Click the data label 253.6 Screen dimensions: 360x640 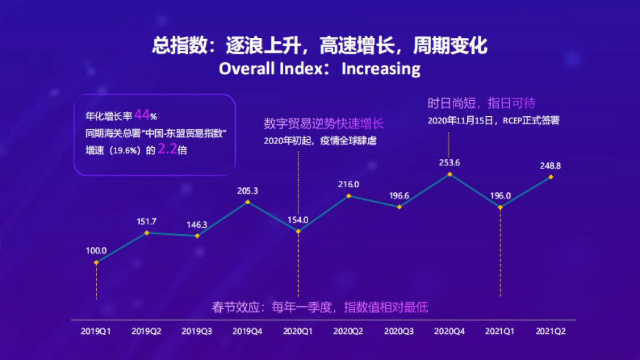point(449,163)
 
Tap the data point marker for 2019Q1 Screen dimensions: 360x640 point(96,262)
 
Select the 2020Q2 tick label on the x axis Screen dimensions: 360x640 point(348,331)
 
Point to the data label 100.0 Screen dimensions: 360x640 point(97,250)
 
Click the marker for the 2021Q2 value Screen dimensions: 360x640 point(551,177)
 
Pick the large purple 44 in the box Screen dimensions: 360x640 point(142,115)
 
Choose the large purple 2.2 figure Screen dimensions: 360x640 point(167,150)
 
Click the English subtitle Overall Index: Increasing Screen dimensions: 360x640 point(319,69)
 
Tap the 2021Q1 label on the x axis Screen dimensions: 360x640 point(500,331)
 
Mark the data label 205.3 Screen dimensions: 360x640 point(247,190)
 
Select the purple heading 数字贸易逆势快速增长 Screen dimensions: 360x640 point(324,124)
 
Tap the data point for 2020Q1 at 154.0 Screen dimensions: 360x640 point(298,231)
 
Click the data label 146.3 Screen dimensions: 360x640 point(197,225)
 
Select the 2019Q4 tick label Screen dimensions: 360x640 point(247,331)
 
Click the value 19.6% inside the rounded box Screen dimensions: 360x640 point(124,151)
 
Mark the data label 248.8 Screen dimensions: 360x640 point(550,166)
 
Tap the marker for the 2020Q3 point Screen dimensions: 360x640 point(399,207)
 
